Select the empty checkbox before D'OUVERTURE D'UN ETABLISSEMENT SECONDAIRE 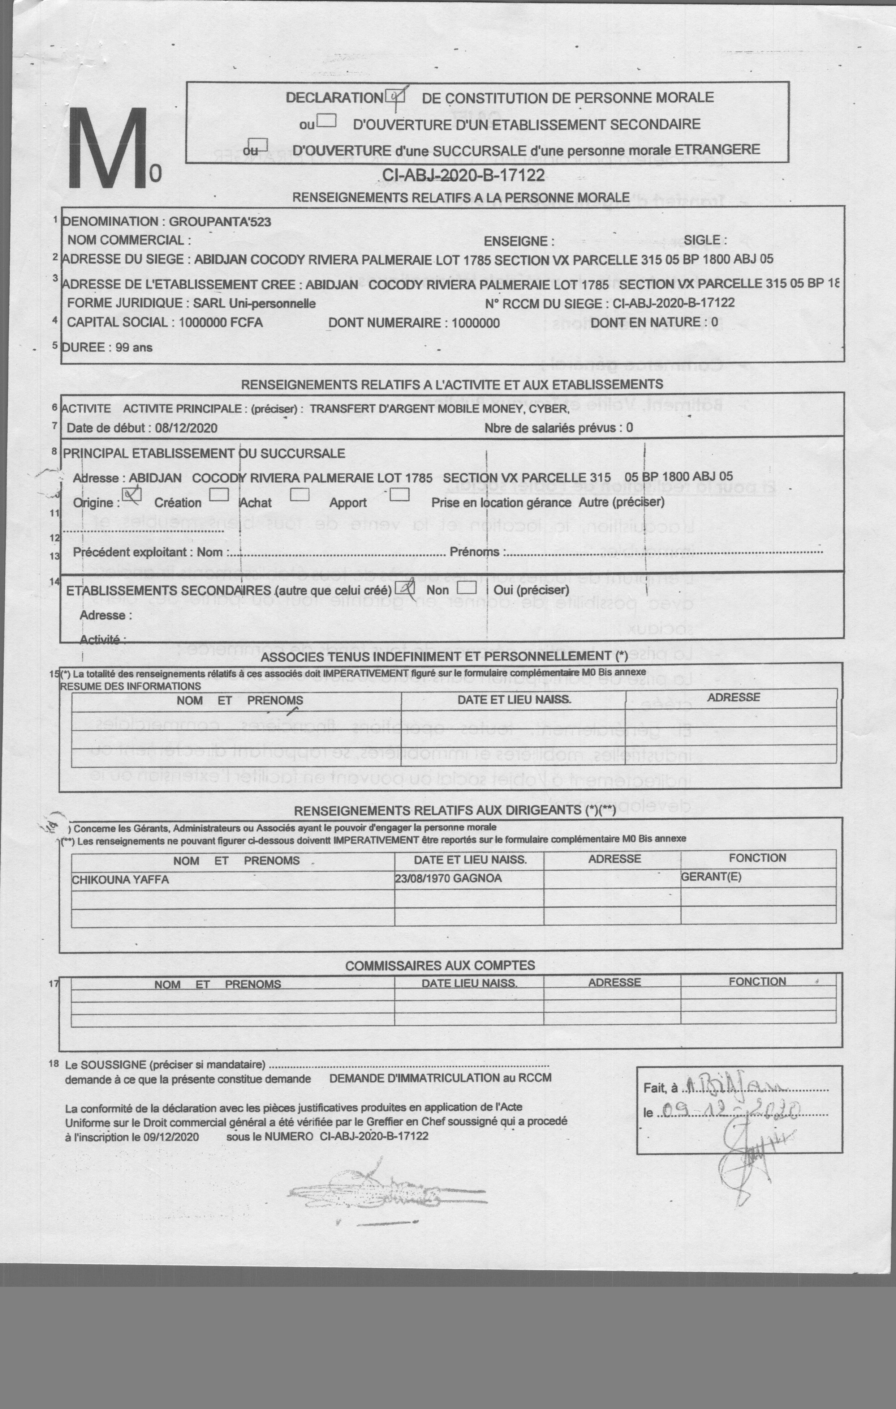(x=326, y=121)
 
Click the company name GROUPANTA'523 (x=220, y=222)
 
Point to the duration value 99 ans (x=134, y=347)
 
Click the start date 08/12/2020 (x=186, y=428)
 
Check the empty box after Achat (x=300, y=495)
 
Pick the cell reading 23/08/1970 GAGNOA (x=449, y=878)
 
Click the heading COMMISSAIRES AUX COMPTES (x=440, y=965)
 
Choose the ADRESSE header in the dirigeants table (x=614, y=859)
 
